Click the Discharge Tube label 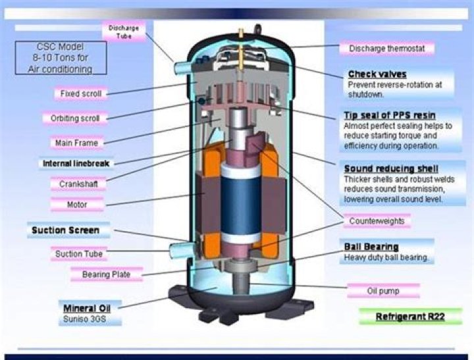pyautogui.click(x=124, y=32)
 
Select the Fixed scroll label pyautogui.click(x=81, y=93)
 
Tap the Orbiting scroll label pyautogui.click(x=75, y=118)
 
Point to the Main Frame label pyautogui.click(x=77, y=143)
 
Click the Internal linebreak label pyautogui.click(x=76, y=163)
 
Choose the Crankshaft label pyautogui.click(x=78, y=184)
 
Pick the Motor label pyautogui.click(x=77, y=205)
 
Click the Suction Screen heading pyautogui.click(x=66, y=230)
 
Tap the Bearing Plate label pyautogui.click(x=107, y=274)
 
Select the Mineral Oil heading pyautogui.click(x=87, y=308)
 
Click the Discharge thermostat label pyautogui.click(x=387, y=48)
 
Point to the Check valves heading pyautogui.click(x=377, y=74)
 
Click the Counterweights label pyautogui.click(x=377, y=221)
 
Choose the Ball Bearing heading pyautogui.click(x=371, y=247)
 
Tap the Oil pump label pyautogui.click(x=383, y=291)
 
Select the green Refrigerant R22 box pyautogui.click(x=411, y=317)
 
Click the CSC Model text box pyautogui.click(x=61, y=58)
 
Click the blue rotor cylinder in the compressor pyautogui.click(x=241, y=205)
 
